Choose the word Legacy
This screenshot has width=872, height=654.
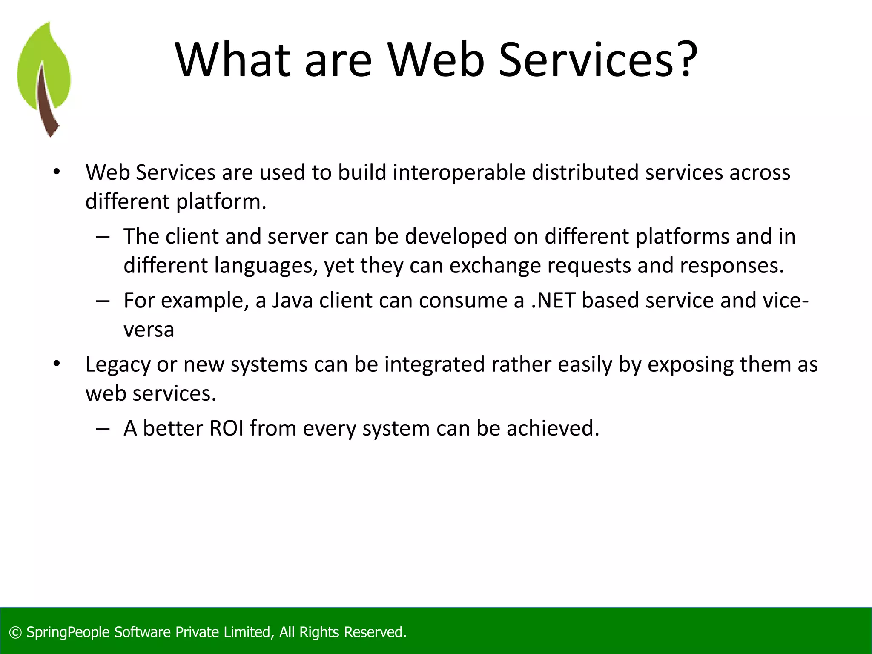point(118,365)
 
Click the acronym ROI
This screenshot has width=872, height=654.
point(227,428)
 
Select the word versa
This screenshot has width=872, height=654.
point(149,330)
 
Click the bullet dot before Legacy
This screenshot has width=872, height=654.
point(57,364)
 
